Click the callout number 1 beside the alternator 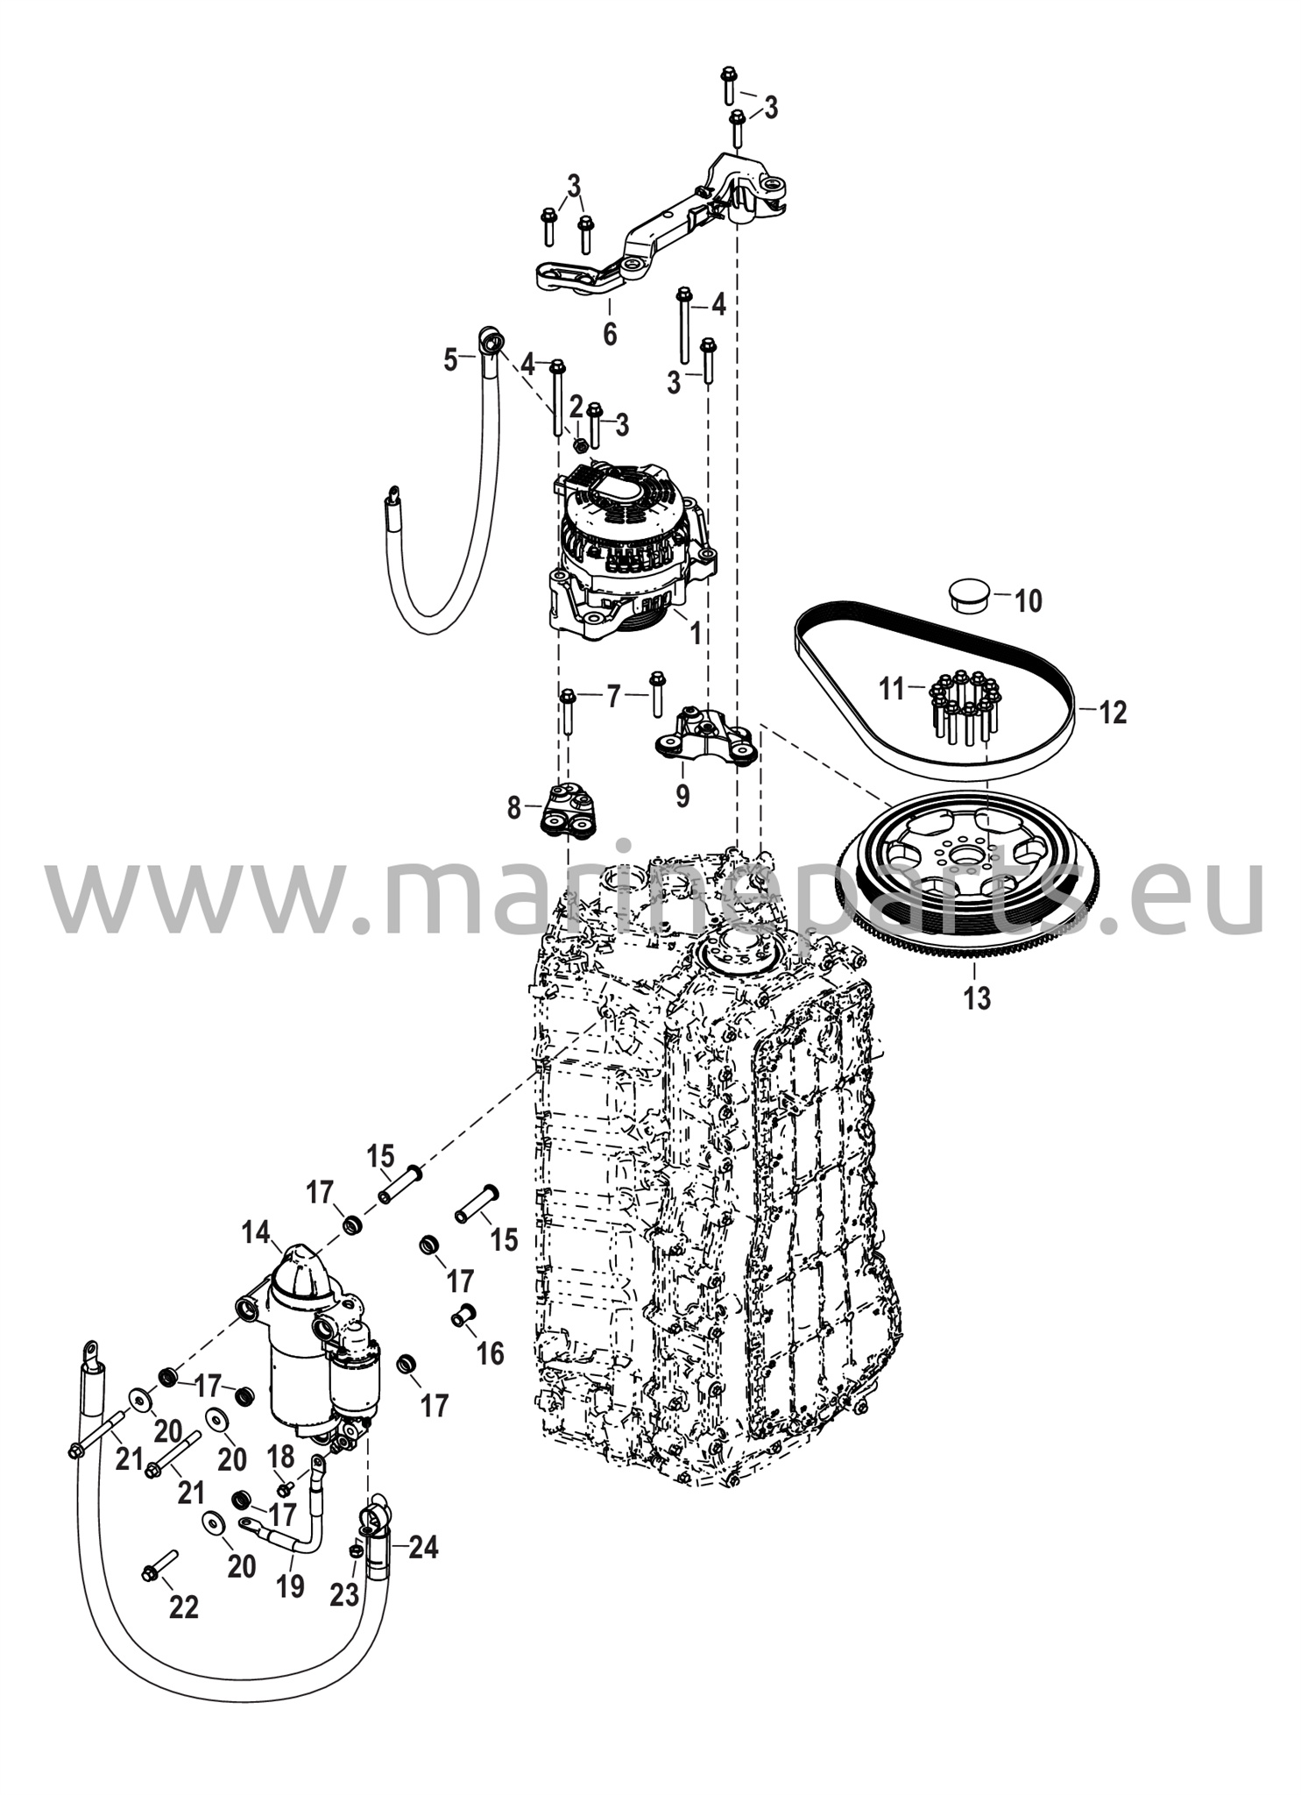[x=696, y=633]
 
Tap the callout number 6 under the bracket [x=610, y=333]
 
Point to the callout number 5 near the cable [x=450, y=359]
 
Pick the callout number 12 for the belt [x=1112, y=712]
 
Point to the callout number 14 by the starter [x=256, y=1233]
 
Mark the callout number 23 [x=343, y=1594]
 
